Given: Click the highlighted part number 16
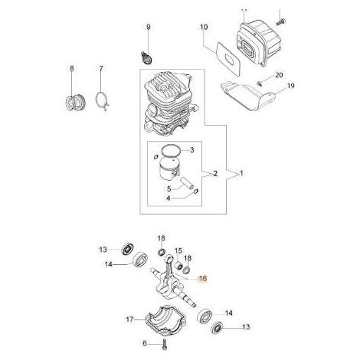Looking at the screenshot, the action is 203,278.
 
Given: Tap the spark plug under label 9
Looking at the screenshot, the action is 146,57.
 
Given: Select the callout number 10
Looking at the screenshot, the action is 204,27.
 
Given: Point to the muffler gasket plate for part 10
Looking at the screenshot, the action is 228,58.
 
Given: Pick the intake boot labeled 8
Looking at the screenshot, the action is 74,103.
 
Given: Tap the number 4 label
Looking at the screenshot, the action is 169,198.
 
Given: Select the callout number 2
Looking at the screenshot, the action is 215,174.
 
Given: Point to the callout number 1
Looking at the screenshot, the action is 241,174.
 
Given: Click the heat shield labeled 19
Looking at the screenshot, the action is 247,96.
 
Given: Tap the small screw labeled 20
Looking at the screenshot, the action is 260,83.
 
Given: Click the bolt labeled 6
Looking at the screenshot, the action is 164,342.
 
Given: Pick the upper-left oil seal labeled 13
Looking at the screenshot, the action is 126,249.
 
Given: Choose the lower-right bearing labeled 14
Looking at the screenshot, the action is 205,316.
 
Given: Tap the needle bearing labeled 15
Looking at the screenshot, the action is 179,264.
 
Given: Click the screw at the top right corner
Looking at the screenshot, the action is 280,21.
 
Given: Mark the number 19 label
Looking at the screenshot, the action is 291,86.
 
